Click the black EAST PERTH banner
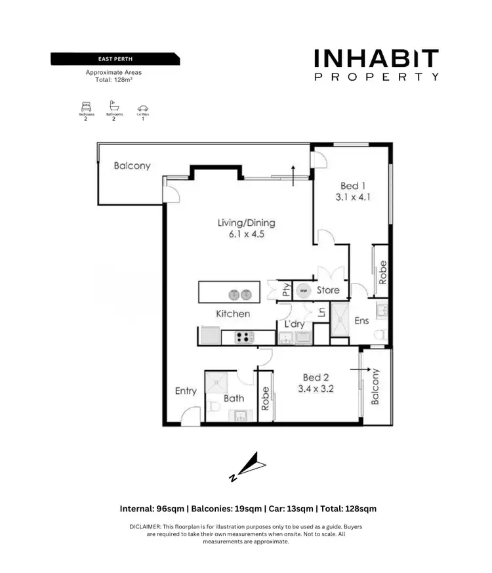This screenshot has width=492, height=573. [115, 60]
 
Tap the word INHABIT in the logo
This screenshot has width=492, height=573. [376, 59]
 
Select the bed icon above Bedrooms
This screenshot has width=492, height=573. [85, 107]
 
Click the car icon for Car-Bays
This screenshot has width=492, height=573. [143, 108]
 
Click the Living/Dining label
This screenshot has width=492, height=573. [246, 223]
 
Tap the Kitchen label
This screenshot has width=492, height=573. [233, 314]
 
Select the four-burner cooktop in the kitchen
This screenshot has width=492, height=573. [245, 337]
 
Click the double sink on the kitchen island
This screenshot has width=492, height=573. [239, 295]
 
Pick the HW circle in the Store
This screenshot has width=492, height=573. [304, 289]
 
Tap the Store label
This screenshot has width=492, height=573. [328, 290]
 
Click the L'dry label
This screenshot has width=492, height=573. [294, 324]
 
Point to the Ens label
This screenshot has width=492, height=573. [361, 321]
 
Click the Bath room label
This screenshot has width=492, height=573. [234, 398]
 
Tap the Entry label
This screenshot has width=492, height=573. [186, 391]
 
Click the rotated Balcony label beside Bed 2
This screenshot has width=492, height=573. [376, 387]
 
